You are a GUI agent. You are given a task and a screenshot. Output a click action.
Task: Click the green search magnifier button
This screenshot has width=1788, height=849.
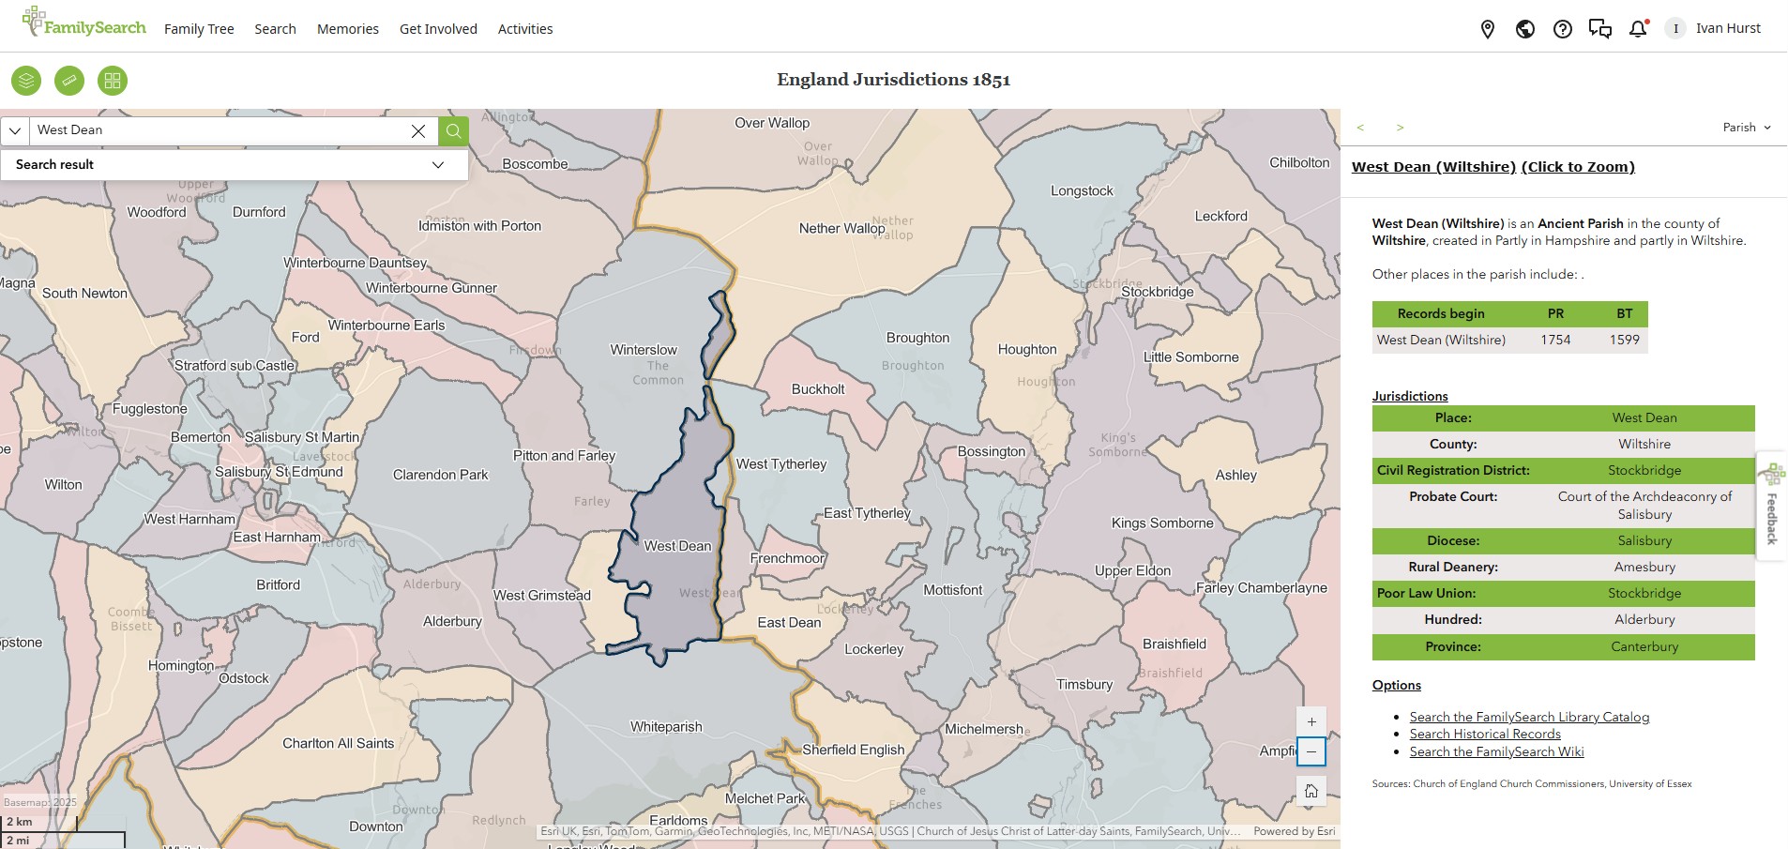click(x=454, y=130)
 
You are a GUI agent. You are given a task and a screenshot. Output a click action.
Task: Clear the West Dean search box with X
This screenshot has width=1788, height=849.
click(x=418, y=131)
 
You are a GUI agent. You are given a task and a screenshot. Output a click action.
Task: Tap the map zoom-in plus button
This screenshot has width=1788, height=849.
click(x=1311, y=721)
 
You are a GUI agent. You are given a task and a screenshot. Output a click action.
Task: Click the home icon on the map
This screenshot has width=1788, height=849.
click(x=1311, y=791)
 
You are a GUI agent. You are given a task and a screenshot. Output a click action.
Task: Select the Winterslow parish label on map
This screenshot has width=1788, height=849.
click(x=644, y=350)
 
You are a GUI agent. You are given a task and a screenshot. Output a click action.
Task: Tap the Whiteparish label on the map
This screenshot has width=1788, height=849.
click(x=666, y=727)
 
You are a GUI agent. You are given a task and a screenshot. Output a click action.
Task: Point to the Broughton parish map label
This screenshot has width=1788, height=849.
click(x=917, y=338)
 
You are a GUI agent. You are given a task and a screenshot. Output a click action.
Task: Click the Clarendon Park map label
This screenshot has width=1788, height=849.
click(x=440, y=475)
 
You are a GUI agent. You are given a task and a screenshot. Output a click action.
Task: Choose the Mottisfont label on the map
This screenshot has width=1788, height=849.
click(x=952, y=590)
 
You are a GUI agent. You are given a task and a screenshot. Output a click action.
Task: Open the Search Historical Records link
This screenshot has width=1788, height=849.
click(x=1485, y=735)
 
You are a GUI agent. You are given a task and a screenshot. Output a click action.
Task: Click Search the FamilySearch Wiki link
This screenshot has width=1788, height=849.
click(x=1496, y=751)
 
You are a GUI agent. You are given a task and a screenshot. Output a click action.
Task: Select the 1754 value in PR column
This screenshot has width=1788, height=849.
click(x=1555, y=340)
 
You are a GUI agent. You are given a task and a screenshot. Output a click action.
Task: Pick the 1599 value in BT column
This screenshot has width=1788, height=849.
click(x=1625, y=340)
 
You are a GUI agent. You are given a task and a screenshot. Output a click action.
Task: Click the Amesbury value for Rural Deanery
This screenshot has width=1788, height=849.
click(x=1644, y=567)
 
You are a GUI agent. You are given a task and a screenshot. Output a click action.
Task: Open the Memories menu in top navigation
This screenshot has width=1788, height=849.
click(x=348, y=29)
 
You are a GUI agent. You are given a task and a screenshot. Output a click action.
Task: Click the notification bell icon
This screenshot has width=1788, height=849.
click(x=1638, y=29)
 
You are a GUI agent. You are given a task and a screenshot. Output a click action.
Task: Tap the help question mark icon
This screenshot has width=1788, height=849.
click(x=1563, y=29)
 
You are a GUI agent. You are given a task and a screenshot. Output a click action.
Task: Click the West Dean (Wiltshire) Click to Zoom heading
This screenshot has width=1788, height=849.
click(x=1493, y=167)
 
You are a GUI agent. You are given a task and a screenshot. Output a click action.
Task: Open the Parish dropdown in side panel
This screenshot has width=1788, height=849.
click(x=1747, y=128)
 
